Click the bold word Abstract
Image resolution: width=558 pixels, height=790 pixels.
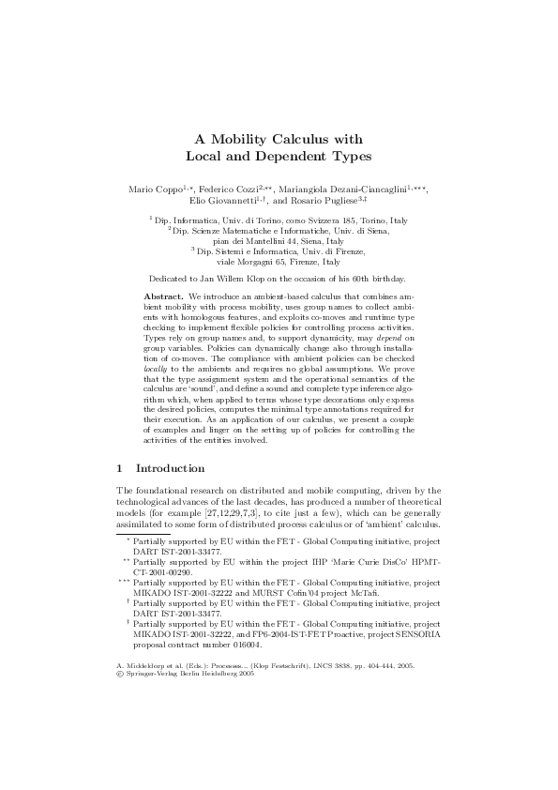[164, 269]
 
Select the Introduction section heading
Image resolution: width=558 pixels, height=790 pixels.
[171, 466]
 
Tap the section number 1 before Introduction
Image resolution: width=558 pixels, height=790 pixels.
[119, 466]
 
